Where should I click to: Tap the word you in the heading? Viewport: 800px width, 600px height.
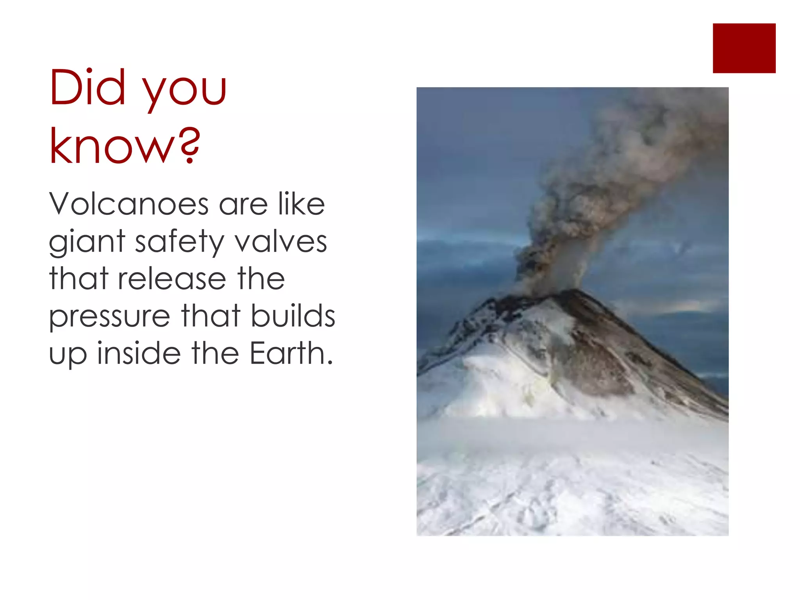click(184, 92)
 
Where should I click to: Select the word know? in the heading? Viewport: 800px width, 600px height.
click(125, 146)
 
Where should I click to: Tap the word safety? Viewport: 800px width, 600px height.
click(179, 242)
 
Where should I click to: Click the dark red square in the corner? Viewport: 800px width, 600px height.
click(744, 48)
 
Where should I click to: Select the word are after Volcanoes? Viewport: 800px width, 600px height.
click(243, 205)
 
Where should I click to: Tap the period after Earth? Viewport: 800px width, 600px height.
click(330, 362)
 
